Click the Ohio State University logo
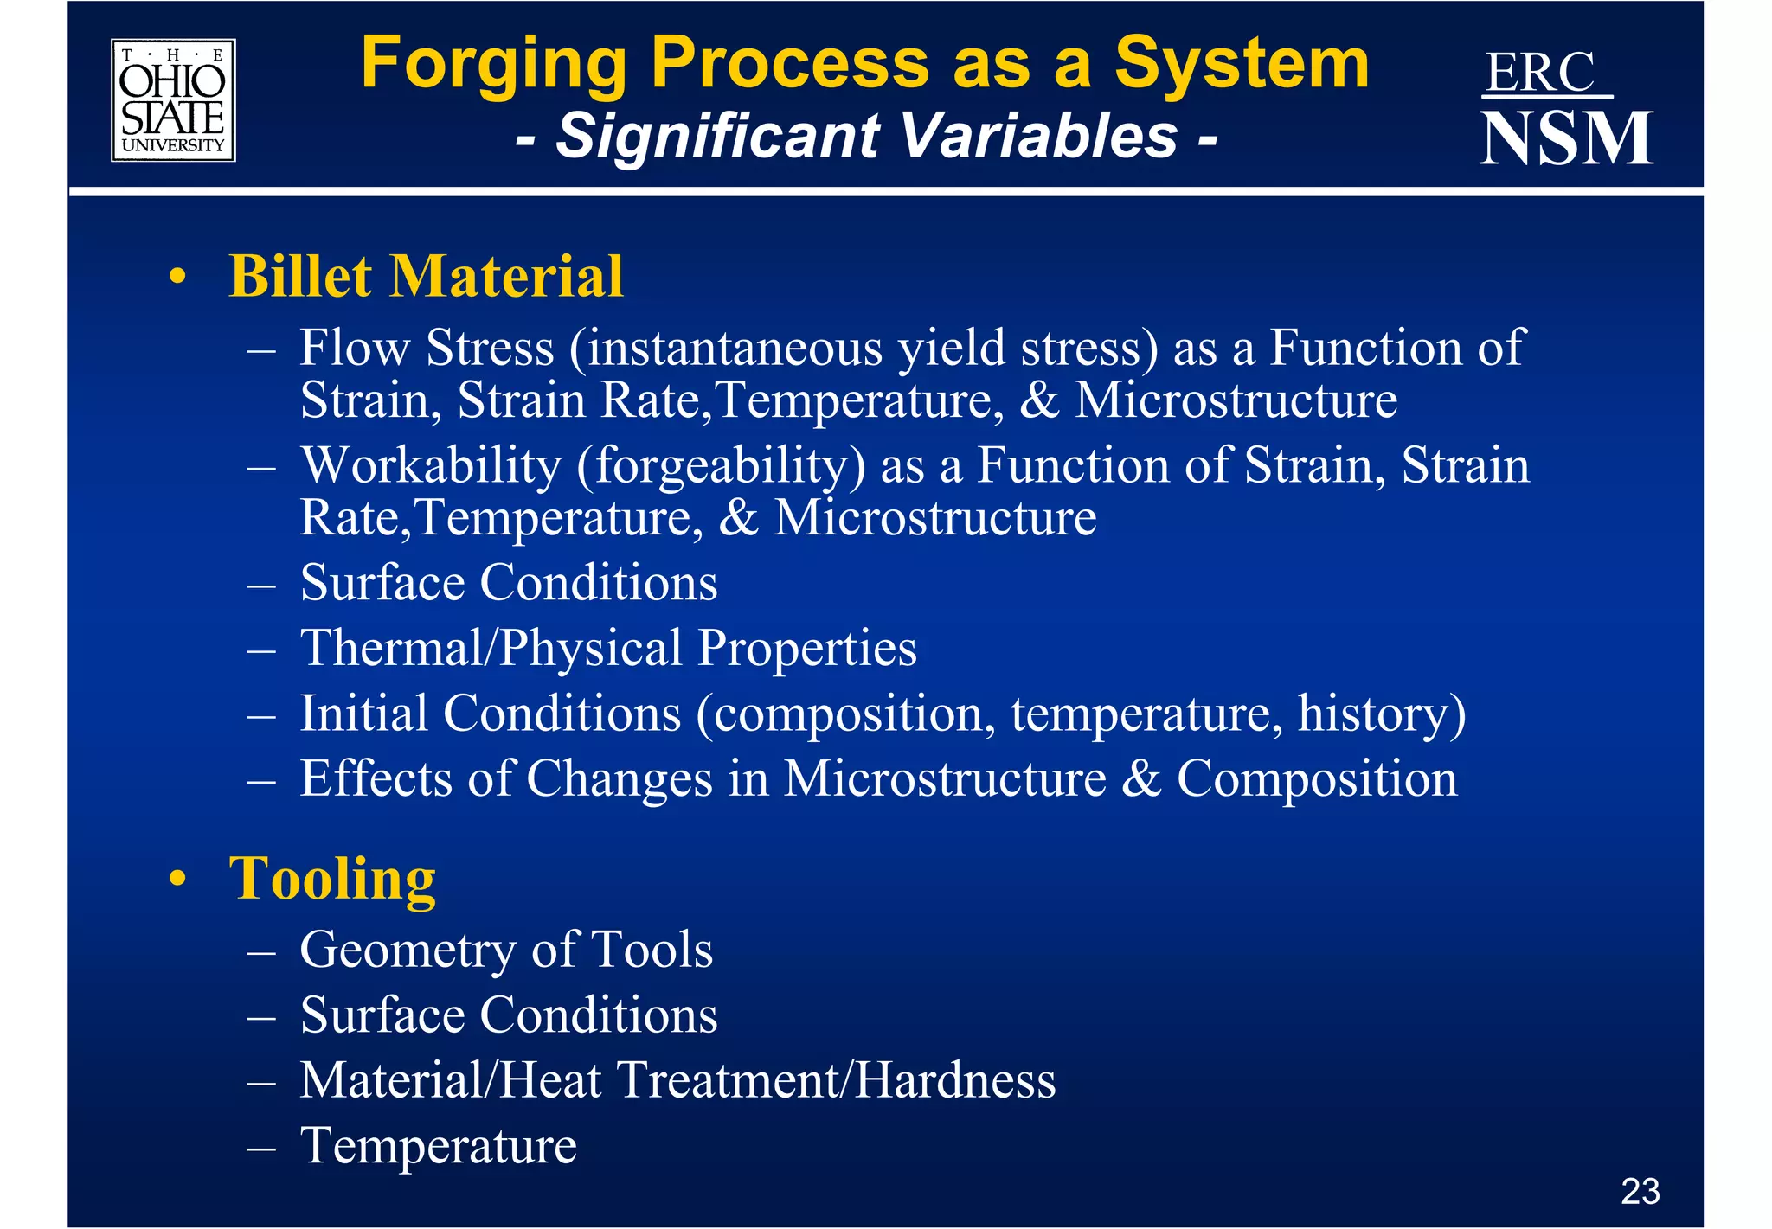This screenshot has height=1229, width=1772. coord(173,100)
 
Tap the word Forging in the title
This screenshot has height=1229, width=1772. coord(493,64)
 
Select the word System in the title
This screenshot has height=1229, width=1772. coord(1242,64)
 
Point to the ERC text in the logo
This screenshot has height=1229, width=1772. coord(1541,73)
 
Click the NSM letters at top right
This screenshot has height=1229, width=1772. coord(1566,138)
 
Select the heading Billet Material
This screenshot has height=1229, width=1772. coord(426,277)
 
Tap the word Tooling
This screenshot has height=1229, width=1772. coord(332,880)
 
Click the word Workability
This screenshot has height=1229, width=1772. coord(431,465)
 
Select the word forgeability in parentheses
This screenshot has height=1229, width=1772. coord(721,465)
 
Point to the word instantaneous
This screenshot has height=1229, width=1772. coord(734,348)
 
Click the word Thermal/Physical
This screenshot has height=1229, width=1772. coord(491,648)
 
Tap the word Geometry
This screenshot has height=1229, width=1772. coord(407,950)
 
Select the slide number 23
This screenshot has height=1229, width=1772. coord(1640,1192)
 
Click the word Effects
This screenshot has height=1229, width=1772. coord(376,778)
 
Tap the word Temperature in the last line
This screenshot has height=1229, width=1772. coord(438,1146)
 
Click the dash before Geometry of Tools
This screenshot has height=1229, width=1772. coord(260,952)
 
